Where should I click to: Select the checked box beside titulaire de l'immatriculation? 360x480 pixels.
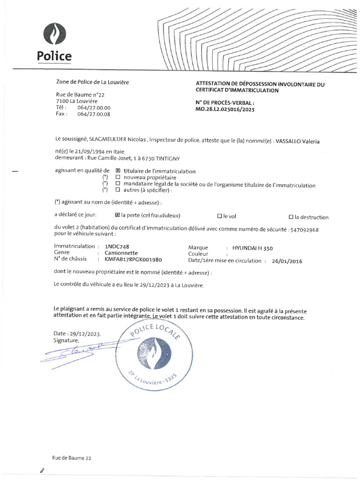pos(118,171)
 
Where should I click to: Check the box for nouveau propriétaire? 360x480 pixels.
pos(118,178)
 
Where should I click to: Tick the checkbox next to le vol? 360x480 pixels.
pos(219,217)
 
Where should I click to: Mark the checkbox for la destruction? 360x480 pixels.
pos(291,217)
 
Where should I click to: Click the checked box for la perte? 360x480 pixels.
pos(117,216)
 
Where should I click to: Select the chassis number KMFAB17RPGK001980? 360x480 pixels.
pos(133,259)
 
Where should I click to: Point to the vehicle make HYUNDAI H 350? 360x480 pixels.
pos(256,248)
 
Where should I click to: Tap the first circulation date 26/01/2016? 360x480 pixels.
pos(287,262)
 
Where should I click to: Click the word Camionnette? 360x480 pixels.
pos(121,252)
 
